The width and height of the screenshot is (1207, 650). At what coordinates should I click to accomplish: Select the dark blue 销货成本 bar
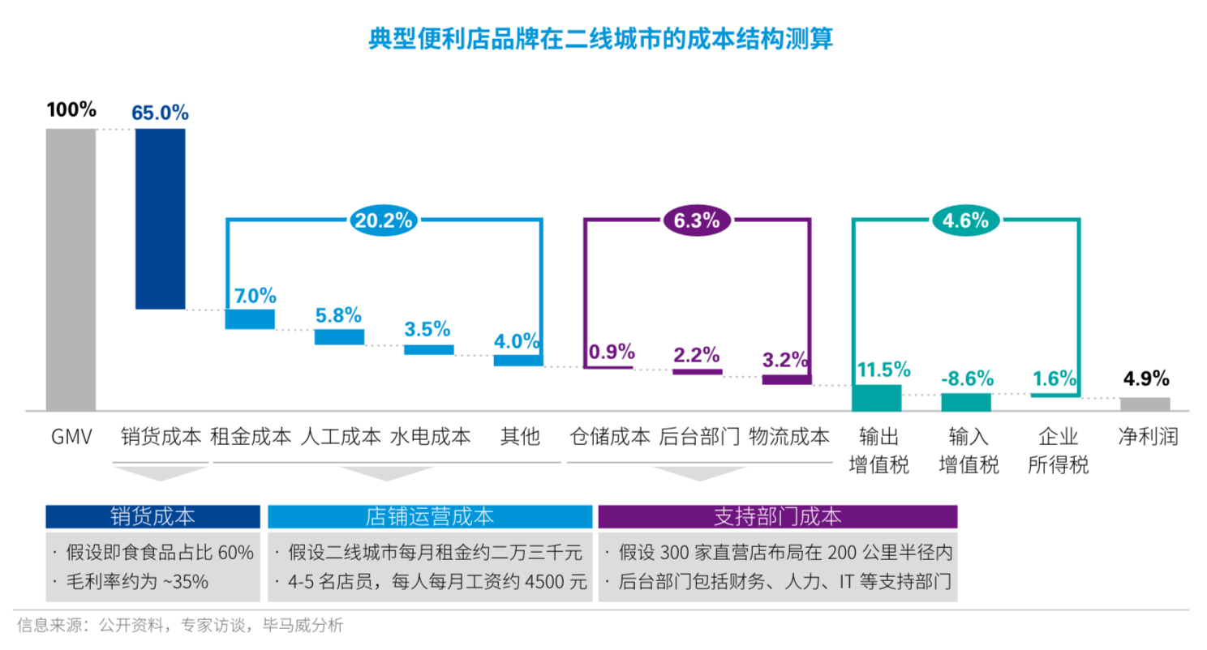(x=160, y=219)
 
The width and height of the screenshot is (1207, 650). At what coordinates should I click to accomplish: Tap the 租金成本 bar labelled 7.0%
(x=250, y=319)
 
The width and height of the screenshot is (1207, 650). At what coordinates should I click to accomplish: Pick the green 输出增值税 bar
(x=876, y=398)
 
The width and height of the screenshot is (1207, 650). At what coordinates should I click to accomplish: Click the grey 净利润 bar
(x=1145, y=404)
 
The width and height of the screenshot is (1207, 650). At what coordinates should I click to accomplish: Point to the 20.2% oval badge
(x=383, y=219)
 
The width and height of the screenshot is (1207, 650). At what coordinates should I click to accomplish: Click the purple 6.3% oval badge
(x=697, y=219)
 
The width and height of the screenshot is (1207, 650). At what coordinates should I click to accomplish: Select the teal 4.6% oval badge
(x=965, y=219)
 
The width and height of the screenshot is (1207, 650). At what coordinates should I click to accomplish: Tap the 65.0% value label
(x=160, y=113)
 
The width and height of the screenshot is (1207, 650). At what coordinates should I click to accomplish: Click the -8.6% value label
(x=965, y=378)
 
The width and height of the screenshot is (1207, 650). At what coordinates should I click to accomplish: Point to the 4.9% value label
(x=1145, y=378)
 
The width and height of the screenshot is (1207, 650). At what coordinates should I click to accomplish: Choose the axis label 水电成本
(x=430, y=438)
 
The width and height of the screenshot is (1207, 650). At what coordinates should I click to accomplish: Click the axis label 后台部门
(x=698, y=438)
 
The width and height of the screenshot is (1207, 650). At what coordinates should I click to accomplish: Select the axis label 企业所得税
(x=1058, y=451)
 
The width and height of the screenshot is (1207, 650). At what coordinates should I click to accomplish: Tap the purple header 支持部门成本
(x=777, y=516)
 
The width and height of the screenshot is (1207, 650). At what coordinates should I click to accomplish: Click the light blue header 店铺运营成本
(x=429, y=516)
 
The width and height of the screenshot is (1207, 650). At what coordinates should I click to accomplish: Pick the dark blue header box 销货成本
(x=152, y=516)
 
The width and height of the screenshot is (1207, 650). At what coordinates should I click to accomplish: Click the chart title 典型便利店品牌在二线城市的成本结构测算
(x=601, y=39)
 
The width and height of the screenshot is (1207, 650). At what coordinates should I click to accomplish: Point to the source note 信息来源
(x=181, y=625)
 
